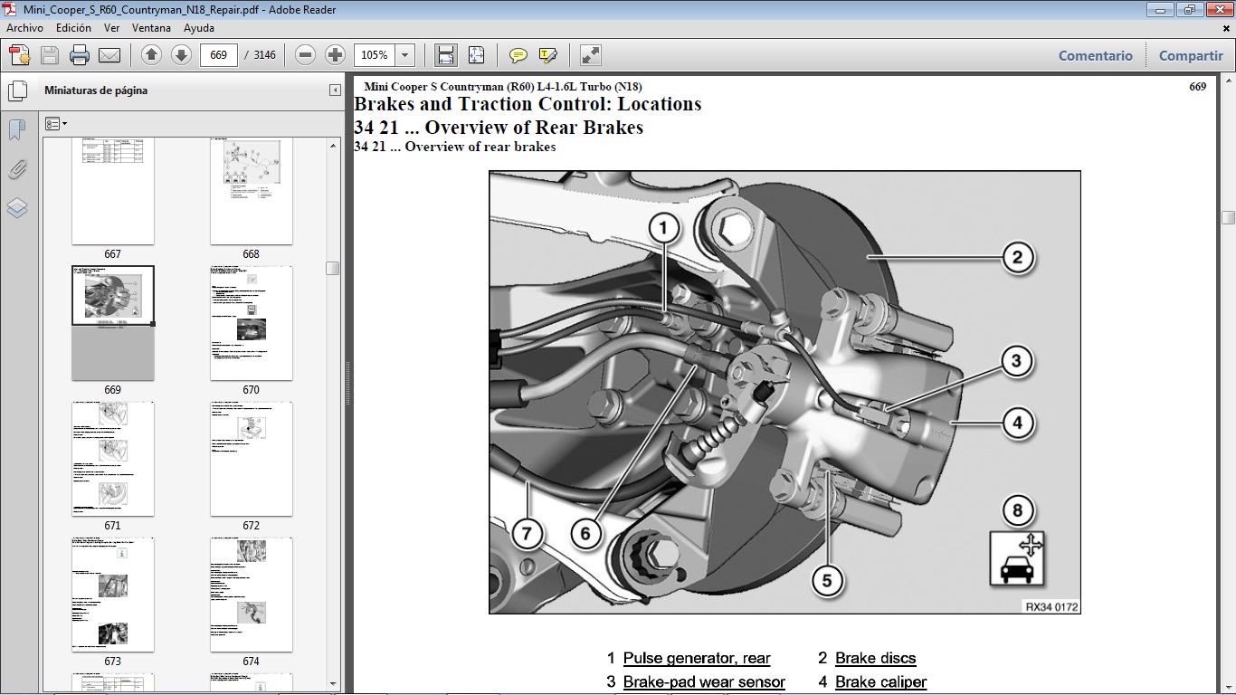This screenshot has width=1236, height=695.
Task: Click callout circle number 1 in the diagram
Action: pyautogui.click(x=663, y=228)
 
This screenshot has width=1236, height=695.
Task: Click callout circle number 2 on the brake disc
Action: pyautogui.click(x=1017, y=257)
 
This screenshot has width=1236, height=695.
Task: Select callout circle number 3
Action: pyautogui.click(x=1016, y=362)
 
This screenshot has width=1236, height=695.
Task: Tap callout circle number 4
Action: pyautogui.click(x=1017, y=422)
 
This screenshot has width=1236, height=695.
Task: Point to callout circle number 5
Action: pyautogui.click(x=827, y=580)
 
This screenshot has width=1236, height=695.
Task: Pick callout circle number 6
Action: pyautogui.click(x=585, y=533)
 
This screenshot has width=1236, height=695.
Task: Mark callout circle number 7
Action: pyautogui.click(x=528, y=533)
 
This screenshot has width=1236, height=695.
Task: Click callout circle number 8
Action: pyautogui.click(x=1017, y=511)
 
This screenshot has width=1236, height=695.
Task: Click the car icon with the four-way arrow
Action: pyautogui.click(x=1017, y=557)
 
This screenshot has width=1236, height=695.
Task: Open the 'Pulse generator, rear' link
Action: pyautogui.click(x=697, y=658)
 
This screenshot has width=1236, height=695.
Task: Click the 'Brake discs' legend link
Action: pyautogui.click(x=875, y=658)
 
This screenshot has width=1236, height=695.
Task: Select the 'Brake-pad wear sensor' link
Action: pyautogui.click(x=704, y=681)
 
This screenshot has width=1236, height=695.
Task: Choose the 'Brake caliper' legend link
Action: pyautogui.click(x=880, y=681)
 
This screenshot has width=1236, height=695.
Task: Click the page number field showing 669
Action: pyautogui.click(x=218, y=55)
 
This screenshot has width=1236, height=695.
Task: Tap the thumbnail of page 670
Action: pyautogui.click(x=251, y=323)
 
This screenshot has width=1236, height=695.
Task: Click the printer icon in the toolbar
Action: pyautogui.click(x=80, y=55)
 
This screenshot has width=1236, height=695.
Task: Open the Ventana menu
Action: pyautogui.click(x=151, y=28)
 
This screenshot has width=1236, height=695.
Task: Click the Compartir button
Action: pyautogui.click(x=1191, y=55)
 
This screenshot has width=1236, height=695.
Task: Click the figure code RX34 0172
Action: pyautogui.click(x=1051, y=607)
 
